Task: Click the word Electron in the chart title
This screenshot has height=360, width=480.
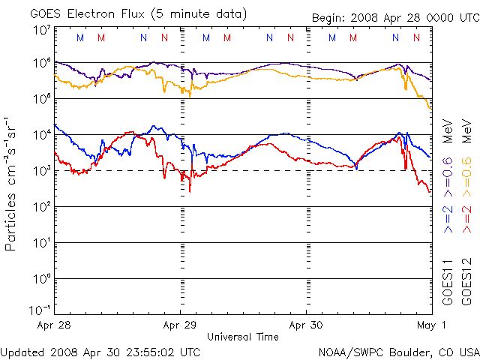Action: coord(94,13)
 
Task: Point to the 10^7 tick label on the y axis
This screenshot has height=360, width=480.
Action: coord(40,30)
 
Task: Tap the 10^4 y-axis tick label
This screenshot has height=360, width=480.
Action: coord(40,135)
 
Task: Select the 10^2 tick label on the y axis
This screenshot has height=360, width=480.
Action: coord(40,207)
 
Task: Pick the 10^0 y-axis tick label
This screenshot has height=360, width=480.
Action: coord(40,279)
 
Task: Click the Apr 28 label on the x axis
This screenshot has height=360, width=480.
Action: coord(53,325)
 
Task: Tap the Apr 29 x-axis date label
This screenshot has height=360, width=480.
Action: coord(180,325)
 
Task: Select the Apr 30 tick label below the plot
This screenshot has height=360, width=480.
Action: coord(306,325)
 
